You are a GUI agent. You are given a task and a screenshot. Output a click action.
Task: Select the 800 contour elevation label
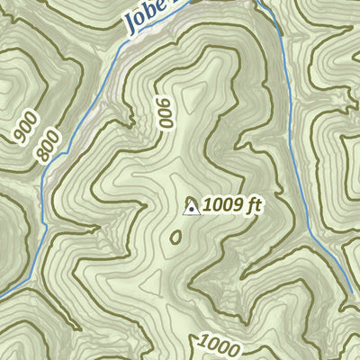[49, 146]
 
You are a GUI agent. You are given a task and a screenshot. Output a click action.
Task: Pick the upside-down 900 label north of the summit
[164, 114]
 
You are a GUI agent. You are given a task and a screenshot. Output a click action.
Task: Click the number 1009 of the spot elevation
[222, 205]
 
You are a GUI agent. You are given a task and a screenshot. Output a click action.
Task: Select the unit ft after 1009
[252, 205]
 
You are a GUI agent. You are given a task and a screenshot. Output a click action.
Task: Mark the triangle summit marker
[191, 209]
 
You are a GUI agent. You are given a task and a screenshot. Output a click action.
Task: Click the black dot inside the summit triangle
[191, 211]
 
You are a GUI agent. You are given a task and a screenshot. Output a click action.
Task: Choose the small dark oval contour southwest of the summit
[175, 237]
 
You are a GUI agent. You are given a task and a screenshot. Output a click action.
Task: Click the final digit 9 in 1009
[238, 205]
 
